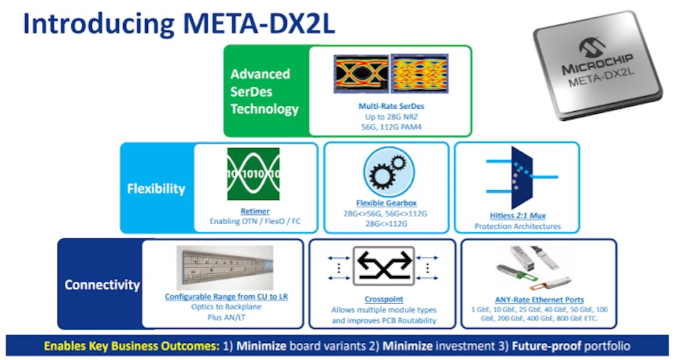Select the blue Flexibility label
pyautogui.click(x=156, y=189)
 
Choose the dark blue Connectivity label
pyautogui.click(x=102, y=285)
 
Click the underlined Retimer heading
pyautogui.click(x=254, y=211)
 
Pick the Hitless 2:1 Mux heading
pyautogui.click(x=517, y=216)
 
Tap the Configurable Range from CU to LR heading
pyautogui.click(x=223, y=297)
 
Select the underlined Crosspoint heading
pyautogui.click(x=384, y=300)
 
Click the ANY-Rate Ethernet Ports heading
pyautogui.click(x=539, y=300)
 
